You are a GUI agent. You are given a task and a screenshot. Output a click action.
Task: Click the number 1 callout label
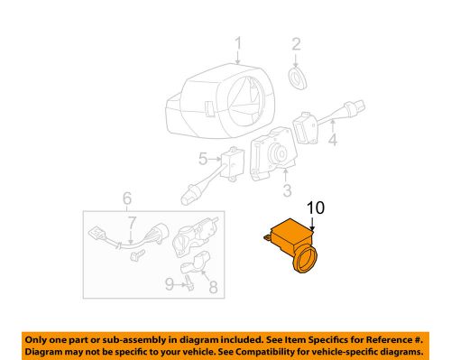238,45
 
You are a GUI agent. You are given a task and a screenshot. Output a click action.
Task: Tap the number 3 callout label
287,190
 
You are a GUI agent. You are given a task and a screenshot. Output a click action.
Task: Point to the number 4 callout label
332,141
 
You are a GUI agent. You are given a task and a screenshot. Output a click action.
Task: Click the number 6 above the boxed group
126,198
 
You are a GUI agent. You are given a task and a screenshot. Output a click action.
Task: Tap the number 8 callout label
214,288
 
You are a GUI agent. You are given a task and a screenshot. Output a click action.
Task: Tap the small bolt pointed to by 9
190,286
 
